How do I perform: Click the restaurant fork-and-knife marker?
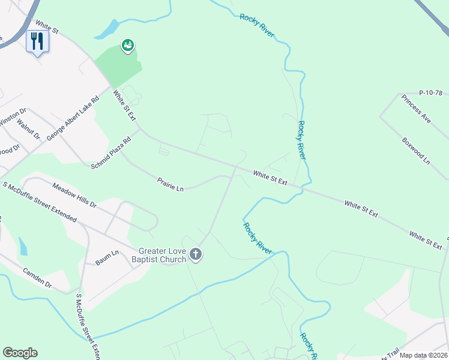37,41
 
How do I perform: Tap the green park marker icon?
127,46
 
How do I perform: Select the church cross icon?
195,255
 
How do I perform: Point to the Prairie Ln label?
170,184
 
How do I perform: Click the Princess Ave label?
417,109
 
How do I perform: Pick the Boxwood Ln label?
417,151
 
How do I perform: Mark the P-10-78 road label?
430,92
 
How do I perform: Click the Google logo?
20,353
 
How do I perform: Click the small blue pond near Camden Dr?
23,246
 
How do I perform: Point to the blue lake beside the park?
107,28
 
